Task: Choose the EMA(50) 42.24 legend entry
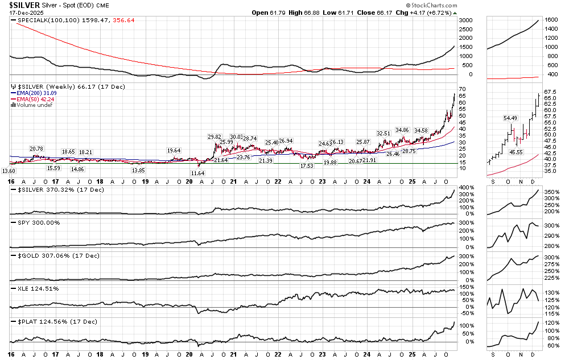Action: point(32,99)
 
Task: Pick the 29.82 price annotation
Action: point(214,137)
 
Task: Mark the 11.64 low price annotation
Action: point(197,173)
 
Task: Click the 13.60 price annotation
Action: point(9,171)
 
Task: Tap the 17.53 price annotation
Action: point(307,165)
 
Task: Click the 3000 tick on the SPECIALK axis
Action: point(465,20)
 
